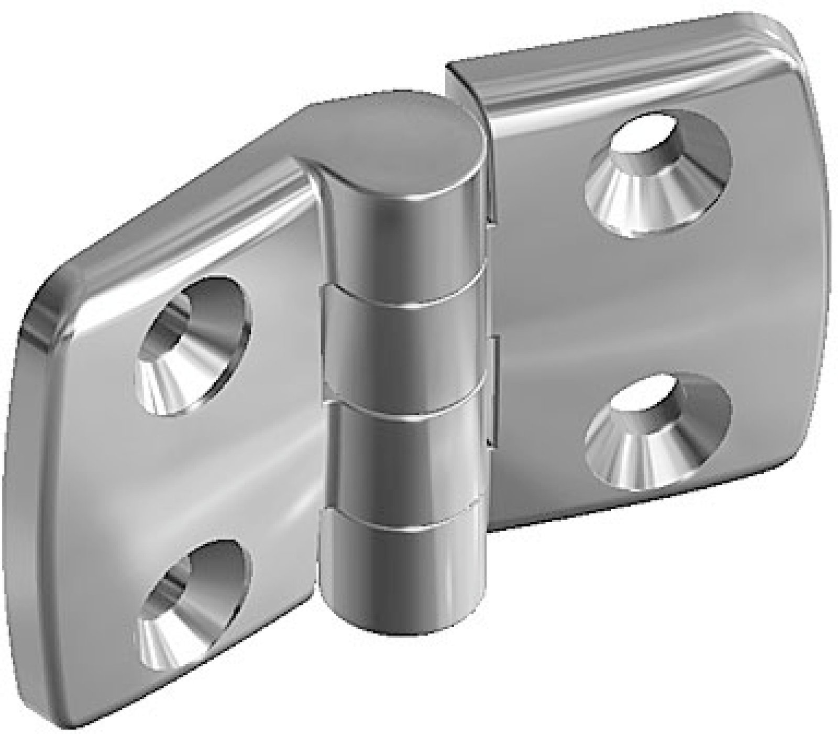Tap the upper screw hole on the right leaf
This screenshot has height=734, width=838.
click(x=657, y=170)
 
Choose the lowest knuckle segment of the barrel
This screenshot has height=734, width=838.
click(x=401, y=577)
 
